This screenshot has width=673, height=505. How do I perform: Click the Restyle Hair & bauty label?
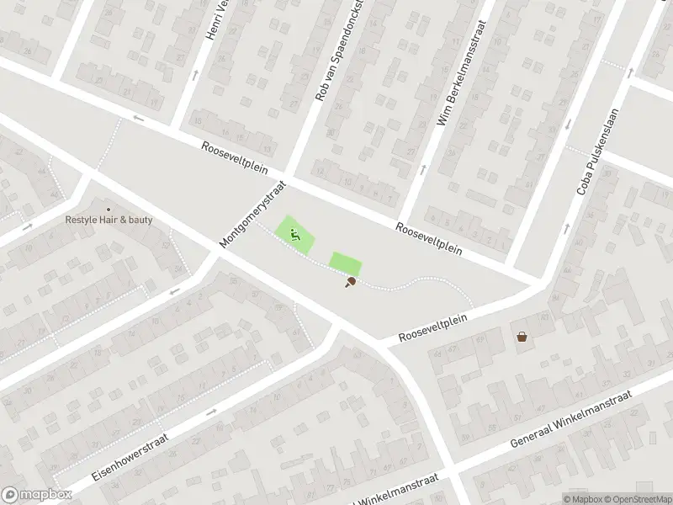[109, 221]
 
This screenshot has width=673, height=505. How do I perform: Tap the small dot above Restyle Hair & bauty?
[108, 210]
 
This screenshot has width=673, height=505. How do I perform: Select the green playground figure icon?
[295, 235]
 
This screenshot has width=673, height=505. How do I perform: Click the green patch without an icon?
[344, 263]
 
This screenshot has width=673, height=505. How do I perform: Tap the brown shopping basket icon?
[522, 337]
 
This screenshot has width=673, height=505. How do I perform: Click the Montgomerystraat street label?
[253, 214]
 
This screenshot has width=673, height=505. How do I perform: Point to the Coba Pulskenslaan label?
[597, 152]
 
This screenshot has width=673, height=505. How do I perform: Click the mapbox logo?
[34, 496]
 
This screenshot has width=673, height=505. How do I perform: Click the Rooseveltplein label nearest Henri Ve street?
[235, 157]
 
